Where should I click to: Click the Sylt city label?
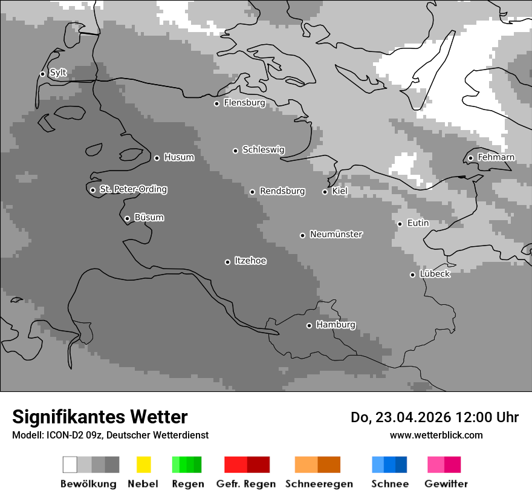(58, 73)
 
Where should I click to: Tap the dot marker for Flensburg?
(216, 103)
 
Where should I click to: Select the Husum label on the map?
(179, 157)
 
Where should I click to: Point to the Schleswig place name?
(263, 149)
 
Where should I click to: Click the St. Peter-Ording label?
(133, 189)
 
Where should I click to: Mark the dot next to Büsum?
(127, 218)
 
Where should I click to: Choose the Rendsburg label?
(282, 191)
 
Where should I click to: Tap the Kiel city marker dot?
(325, 192)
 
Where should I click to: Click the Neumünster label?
(336, 234)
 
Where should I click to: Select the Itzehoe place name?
(250, 261)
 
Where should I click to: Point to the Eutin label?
(418, 223)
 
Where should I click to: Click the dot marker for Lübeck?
(412, 275)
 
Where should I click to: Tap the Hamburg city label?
(336, 325)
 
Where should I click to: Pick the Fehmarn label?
(496, 157)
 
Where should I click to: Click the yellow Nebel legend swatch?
(143, 465)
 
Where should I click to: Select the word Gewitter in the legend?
(446, 484)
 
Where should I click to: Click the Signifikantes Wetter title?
(100, 417)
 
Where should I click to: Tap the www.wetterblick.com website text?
(436, 435)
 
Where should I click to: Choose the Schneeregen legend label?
(319, 484)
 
